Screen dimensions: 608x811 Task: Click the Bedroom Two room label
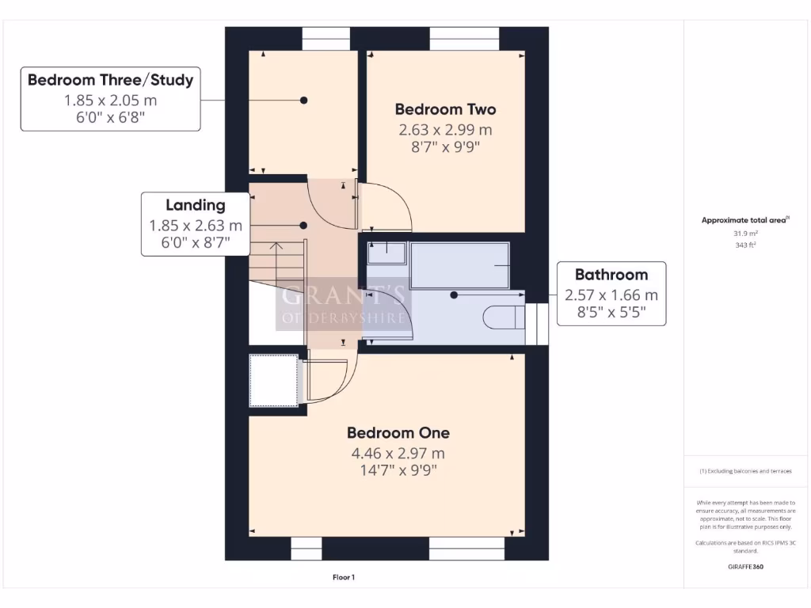445,109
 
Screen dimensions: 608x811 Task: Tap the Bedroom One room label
398,433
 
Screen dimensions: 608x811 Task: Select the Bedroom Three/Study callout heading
110,80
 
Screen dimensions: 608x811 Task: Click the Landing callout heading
195,205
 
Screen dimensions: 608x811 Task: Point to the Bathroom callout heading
611,275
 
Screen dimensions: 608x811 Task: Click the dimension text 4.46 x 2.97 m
398,454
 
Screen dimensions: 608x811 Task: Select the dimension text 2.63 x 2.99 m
445,130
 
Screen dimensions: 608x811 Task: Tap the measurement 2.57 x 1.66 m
611,295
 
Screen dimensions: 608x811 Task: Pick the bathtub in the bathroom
459,265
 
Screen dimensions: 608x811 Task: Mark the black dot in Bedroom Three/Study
303,101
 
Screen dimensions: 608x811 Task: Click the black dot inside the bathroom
454,295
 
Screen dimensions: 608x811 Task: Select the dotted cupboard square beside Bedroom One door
274,381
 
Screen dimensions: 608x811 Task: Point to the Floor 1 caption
344,577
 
